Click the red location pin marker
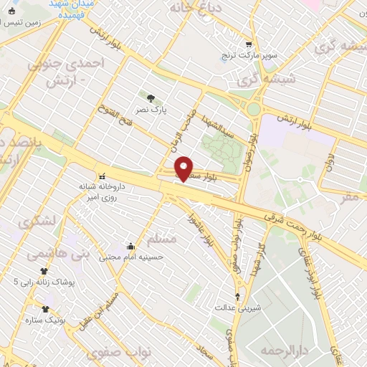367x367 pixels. click(184, 168)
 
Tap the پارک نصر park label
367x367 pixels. click(153, 110)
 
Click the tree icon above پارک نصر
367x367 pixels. click(150, 98)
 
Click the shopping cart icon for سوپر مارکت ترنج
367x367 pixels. click(248, 43)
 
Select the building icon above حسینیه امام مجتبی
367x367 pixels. click(130, 245)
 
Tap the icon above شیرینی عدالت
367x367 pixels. click(238, 296)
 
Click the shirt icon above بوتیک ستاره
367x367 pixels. click(45, 309)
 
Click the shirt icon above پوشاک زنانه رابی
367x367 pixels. click(44, 271)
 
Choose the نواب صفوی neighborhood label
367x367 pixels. click(117, 354)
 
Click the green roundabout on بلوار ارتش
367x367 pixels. click(253, 109)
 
